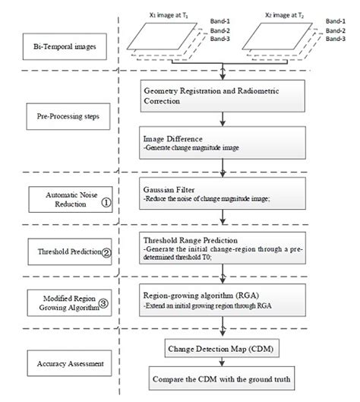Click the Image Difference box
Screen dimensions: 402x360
223,143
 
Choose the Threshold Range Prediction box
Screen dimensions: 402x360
223,247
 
